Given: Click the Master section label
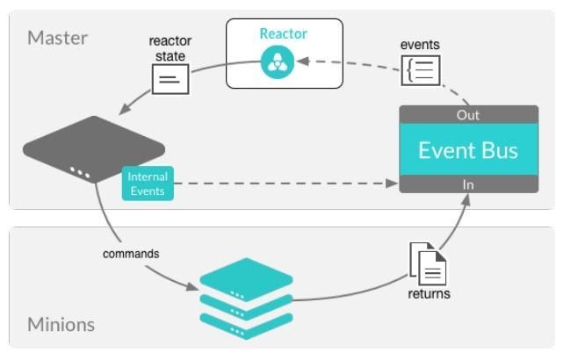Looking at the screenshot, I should pos(58,38).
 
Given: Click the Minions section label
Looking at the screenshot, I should pos(61,325).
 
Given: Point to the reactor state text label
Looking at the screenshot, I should pos(170,48).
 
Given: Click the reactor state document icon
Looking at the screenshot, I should pos(170,80).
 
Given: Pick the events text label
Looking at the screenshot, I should pos(420,45).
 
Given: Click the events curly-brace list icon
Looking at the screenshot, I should pos(421,70).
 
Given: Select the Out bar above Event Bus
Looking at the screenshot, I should pos(468,115).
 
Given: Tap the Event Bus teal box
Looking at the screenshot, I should pos(468,149).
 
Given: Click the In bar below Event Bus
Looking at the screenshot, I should pos(468,184).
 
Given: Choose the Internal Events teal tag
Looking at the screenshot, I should pos(148,184).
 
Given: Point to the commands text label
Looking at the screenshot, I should pos(131,254).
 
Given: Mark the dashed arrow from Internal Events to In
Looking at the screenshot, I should pos(281,184).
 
